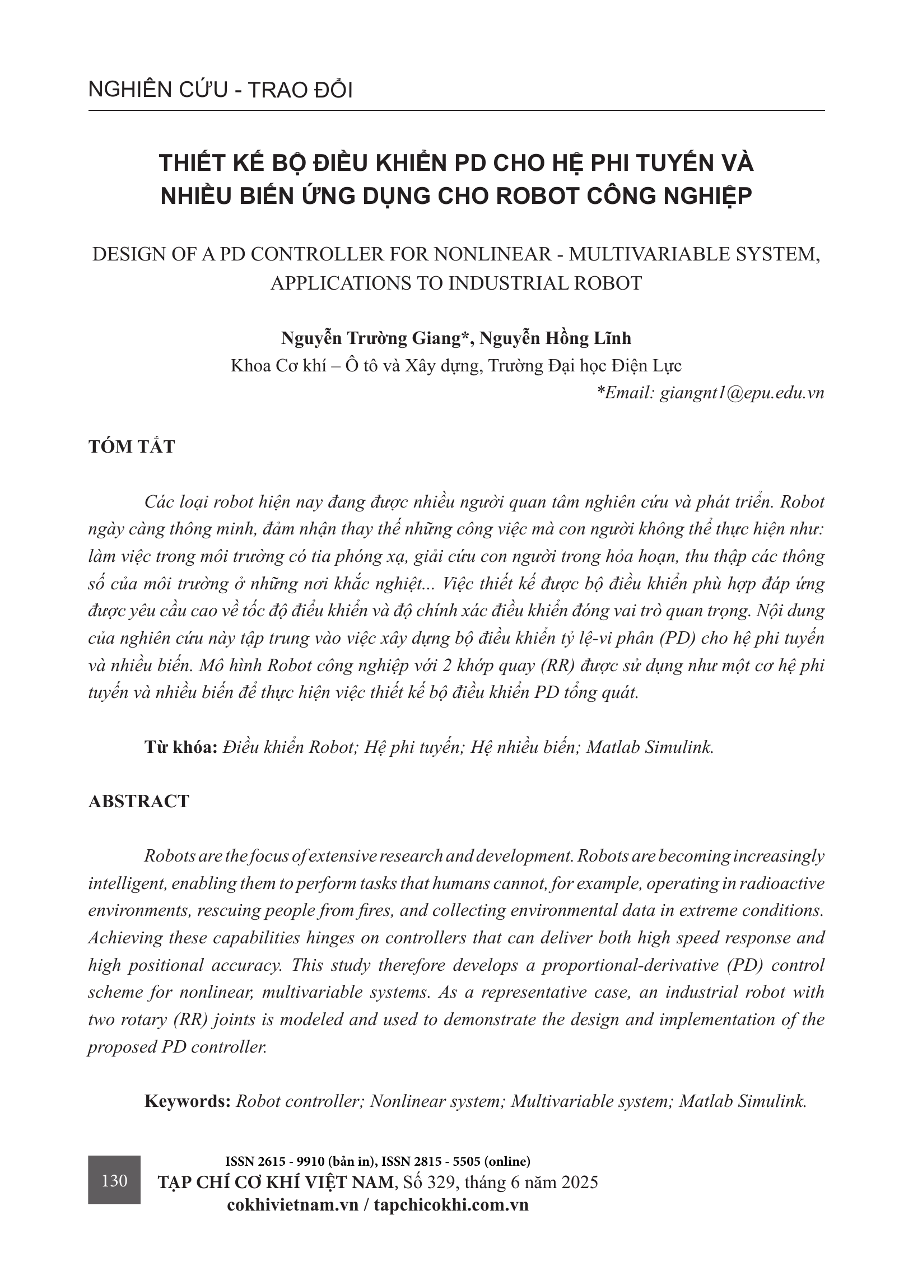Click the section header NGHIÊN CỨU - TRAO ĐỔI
(220, 90)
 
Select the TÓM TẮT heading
(132, 446)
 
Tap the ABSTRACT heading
(139, 801)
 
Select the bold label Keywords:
(188, 1101)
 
